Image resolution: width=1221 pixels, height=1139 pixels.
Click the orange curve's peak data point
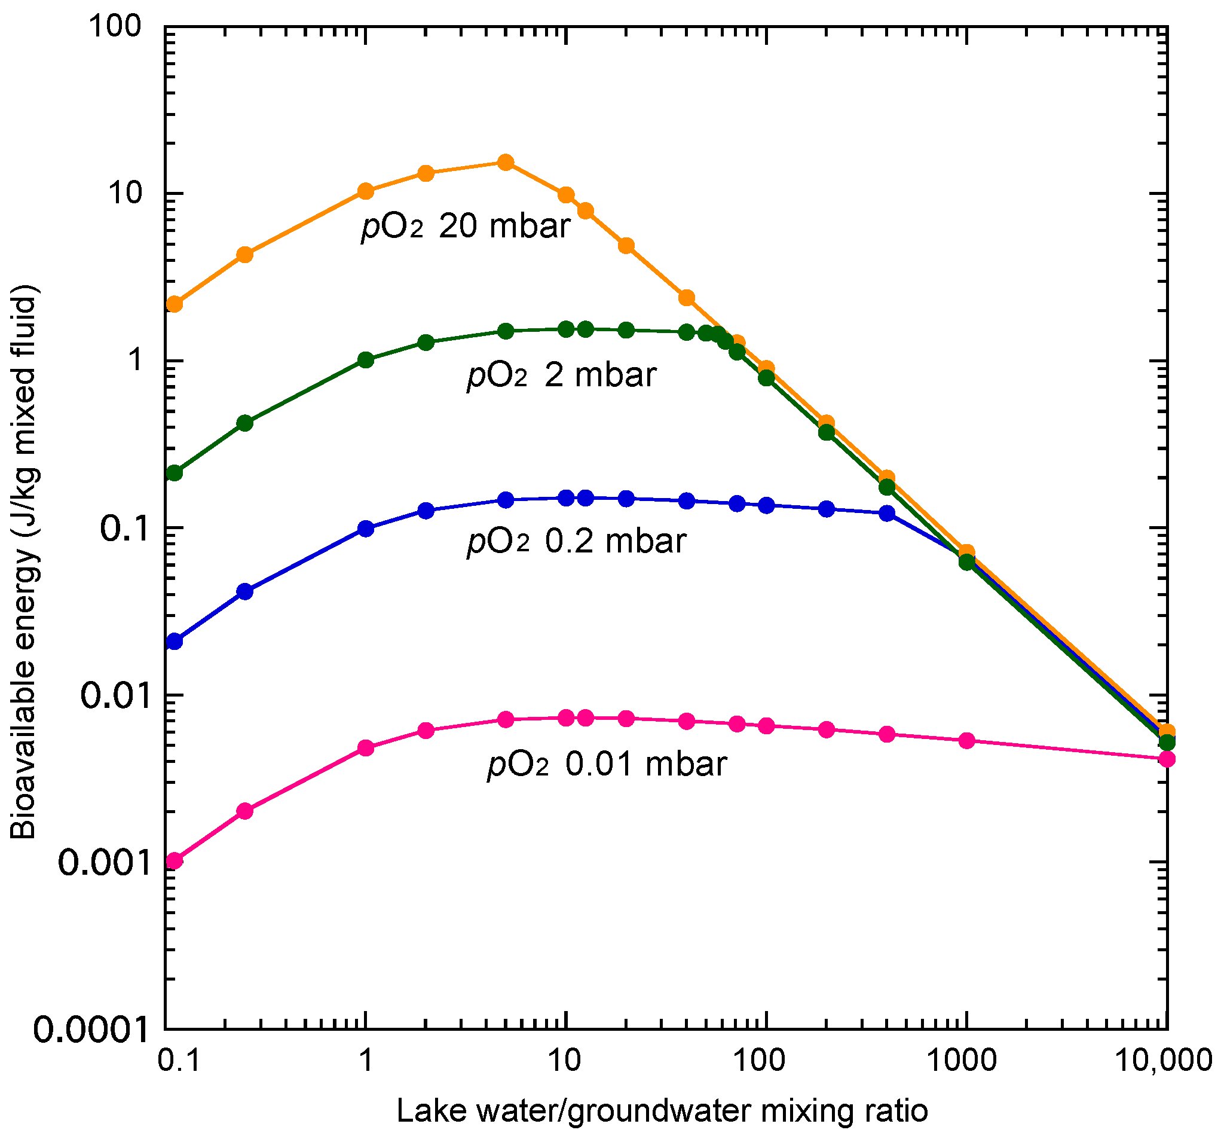[506, 163]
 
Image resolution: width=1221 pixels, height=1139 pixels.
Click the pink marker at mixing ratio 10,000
[1167, 759]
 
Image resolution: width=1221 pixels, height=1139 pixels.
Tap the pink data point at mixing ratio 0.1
[175, 862]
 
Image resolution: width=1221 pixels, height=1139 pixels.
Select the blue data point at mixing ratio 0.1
[175, 642]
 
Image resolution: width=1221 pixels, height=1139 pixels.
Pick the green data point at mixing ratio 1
[366, 360]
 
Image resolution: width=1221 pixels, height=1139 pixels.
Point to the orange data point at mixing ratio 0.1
[175, 304]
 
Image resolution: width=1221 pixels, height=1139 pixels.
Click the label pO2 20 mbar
[466, 226]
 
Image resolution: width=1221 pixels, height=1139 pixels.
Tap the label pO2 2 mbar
[561, 375]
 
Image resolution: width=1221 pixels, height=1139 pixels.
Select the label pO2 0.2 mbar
[576, 541]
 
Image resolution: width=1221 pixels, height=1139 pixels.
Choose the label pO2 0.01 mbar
[607, 764]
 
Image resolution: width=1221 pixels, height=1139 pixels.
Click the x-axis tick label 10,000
[1162, 1062]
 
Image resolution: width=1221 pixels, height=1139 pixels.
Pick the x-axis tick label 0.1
[179, 1062]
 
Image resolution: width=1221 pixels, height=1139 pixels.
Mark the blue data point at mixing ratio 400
[887, 514]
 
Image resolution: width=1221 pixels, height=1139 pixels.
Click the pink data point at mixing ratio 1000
[967, 741]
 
